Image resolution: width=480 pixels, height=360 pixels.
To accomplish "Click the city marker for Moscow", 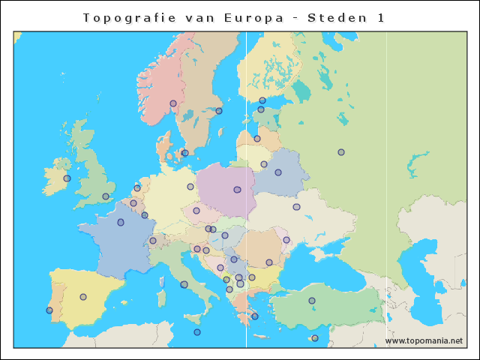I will click(x=341, y=152).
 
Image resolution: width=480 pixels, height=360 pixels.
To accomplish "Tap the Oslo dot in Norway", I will click(x=173, y=103).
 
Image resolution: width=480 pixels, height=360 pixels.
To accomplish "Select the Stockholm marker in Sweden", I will click(x=219, y=111).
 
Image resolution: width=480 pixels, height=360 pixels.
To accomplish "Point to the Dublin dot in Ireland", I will click(x=67, y=178).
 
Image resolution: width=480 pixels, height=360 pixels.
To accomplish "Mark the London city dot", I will click(x=106, y=196).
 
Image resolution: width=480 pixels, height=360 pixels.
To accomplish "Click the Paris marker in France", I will click(x=121, y=222).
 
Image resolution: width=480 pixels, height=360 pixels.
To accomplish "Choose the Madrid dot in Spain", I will click(x=83, y=297).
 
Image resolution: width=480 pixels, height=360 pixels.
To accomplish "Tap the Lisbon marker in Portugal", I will click(x=49, y=310).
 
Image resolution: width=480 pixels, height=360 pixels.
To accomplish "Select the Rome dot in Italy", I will click(x=184, y=284).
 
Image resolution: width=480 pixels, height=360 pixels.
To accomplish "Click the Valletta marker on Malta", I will click(x=197, y=332).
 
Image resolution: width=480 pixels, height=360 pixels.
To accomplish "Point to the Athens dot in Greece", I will click(x=255, y=316).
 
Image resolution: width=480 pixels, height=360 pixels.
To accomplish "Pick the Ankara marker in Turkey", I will click(x=312, y=301).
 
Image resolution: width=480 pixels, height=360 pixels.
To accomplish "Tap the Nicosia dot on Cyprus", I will click(x=315, y=338).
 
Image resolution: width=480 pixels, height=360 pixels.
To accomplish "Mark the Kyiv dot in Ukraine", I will click(x=296, y=207).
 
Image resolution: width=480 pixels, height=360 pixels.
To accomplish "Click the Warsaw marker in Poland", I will click(x=237, y=190).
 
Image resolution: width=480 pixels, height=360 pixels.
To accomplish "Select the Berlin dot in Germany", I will click(x=190, y=187).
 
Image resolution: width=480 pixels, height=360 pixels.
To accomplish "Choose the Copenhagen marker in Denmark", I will click(x=184, y=153).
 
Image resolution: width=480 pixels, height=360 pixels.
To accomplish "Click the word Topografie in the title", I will click(x=124, y=18).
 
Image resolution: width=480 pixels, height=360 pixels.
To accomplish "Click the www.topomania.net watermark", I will click(x=424, y=340).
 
